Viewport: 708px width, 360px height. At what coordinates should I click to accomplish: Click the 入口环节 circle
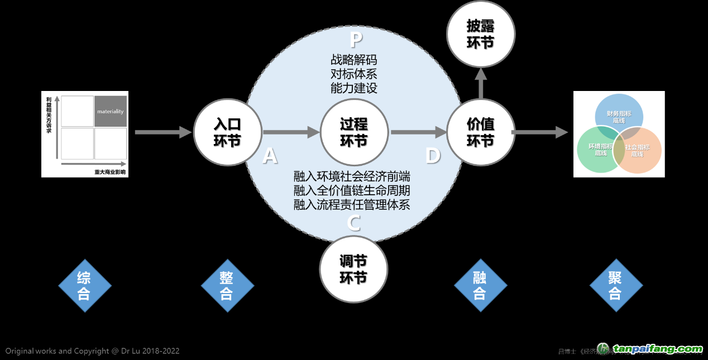[227, 132]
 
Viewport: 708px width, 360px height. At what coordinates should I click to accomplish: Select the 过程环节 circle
[354, 132]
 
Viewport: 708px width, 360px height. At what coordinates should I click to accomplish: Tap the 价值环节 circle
[481, 132]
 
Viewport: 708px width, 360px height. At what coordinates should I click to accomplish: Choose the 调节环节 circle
[354, 269]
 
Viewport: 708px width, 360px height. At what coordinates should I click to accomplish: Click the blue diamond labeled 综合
[84, 286]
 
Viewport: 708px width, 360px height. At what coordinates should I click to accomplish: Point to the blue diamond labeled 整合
[227, 286]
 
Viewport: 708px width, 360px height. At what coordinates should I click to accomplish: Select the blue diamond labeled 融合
[480, 286]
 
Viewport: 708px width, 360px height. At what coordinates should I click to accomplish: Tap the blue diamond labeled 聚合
[616, 286]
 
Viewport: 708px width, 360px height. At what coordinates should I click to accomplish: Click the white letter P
[356, 40]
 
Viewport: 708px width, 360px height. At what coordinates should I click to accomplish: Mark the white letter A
[270, 156]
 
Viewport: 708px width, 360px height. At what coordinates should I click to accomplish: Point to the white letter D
[433, 156]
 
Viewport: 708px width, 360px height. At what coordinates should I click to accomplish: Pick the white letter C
[354, 223]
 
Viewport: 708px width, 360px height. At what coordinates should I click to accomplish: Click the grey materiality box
[111, 111]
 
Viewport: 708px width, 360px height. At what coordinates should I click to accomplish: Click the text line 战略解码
[354, 60]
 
